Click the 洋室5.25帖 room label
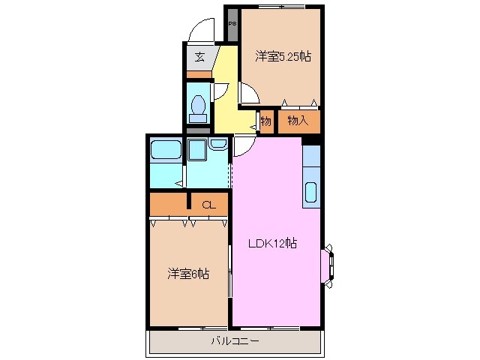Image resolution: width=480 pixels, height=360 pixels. pos(283,56)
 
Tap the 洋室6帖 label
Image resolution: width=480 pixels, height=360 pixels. pos(187,274)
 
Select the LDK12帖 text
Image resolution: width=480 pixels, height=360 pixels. pos(273,243)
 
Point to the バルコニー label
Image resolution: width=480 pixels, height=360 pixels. pos(235,341)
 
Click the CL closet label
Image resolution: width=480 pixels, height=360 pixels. pos(208,203)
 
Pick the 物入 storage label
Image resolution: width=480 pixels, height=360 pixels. pos(298,120)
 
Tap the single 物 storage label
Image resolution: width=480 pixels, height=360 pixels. pos(265,120)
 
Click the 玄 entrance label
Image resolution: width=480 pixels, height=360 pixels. pos(199,56)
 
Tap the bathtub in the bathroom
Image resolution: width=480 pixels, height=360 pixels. pos(165,149)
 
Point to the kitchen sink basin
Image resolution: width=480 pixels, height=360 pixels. pos(311,193)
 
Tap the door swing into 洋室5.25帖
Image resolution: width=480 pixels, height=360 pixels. pos(248,93)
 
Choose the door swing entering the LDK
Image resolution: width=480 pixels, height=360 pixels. pos(243,145)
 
